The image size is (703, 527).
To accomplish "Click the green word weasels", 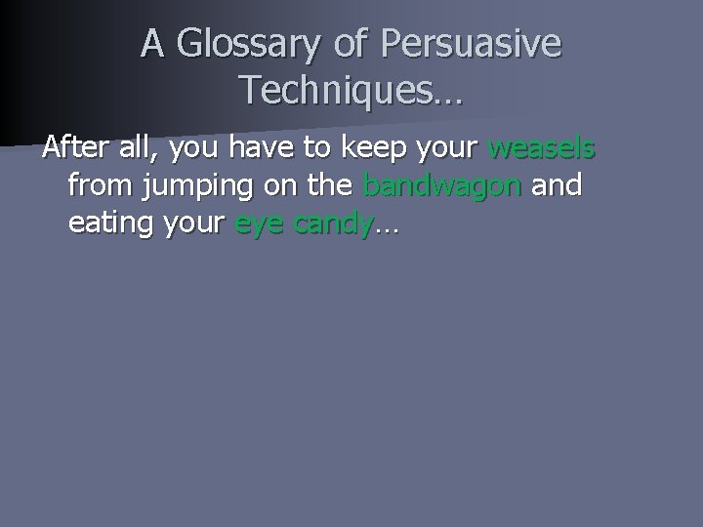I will pyautogui.click(x=542, y=149).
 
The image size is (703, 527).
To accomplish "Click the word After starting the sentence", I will pyautogui.click(x=75, y=149).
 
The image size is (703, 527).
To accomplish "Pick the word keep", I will pyautogui.click(x=380, y=149).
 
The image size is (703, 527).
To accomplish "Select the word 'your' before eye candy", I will pyautogui.click(x=195, y=223).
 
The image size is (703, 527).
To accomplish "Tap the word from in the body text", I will pyautogui.click(x=100, y=185).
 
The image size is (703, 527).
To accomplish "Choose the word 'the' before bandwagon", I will pyautogui.click(x=330, y=185).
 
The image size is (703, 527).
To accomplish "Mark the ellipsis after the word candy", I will pyautogui.click(x=387, y=227).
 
